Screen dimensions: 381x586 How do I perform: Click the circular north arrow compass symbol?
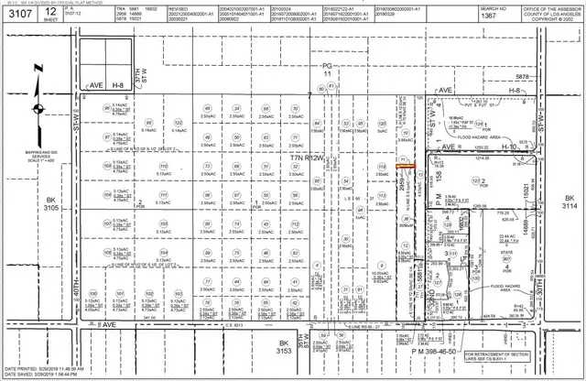[x=36, y=114]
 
